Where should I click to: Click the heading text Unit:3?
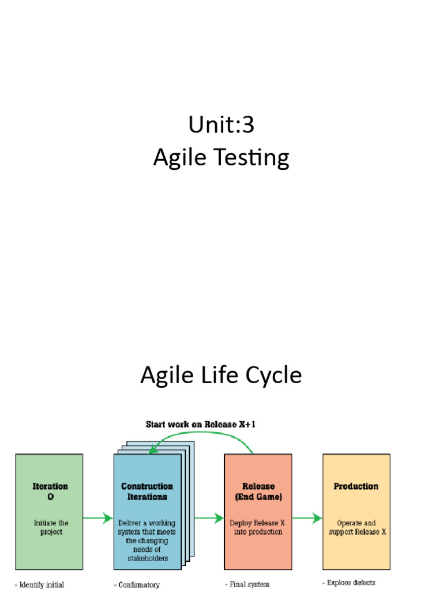pos(221,124)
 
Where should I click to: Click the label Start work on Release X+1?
pos(201,425)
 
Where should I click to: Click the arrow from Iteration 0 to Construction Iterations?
pos(97,519)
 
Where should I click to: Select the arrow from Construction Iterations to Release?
pos(208,519)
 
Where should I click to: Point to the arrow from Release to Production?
pos(307,519)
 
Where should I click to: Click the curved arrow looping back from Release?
pos(202,437)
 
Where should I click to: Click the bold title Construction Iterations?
pos(147,491)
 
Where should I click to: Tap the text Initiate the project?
pos(51,527)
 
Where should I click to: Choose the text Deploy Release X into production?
pos(258,527)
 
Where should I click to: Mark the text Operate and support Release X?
pos(356,527)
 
